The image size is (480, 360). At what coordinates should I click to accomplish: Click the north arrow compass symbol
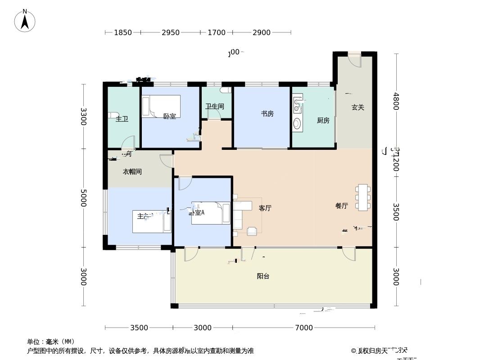click(25, 21)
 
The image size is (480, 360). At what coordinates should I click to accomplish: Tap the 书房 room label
click(267, 114)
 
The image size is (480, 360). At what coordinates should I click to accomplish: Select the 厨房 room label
click(323, 121)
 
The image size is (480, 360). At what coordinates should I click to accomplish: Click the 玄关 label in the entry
click(358, 108)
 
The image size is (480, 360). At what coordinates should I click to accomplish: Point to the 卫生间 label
click(215, 107)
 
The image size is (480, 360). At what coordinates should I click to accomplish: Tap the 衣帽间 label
click(132, 172)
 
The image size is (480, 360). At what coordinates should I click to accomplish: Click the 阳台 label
click(263, 276)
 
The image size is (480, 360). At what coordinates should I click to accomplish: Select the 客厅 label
click(265, 208)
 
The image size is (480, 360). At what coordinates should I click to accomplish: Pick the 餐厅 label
click(341, 206)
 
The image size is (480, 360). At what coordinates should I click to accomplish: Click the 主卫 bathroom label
click(122, 119)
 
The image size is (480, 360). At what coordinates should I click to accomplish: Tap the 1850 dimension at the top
click(123, 32)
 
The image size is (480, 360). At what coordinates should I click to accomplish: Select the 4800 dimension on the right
click(396, 101)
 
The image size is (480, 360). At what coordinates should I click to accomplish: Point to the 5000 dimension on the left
click(83, 198)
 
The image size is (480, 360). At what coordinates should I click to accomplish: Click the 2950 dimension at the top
click(171, 32)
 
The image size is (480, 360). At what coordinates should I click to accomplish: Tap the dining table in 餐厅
click(363, 197)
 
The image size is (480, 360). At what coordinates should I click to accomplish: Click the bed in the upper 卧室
click(161, 106)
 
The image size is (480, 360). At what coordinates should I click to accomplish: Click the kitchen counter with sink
click(297, 112)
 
